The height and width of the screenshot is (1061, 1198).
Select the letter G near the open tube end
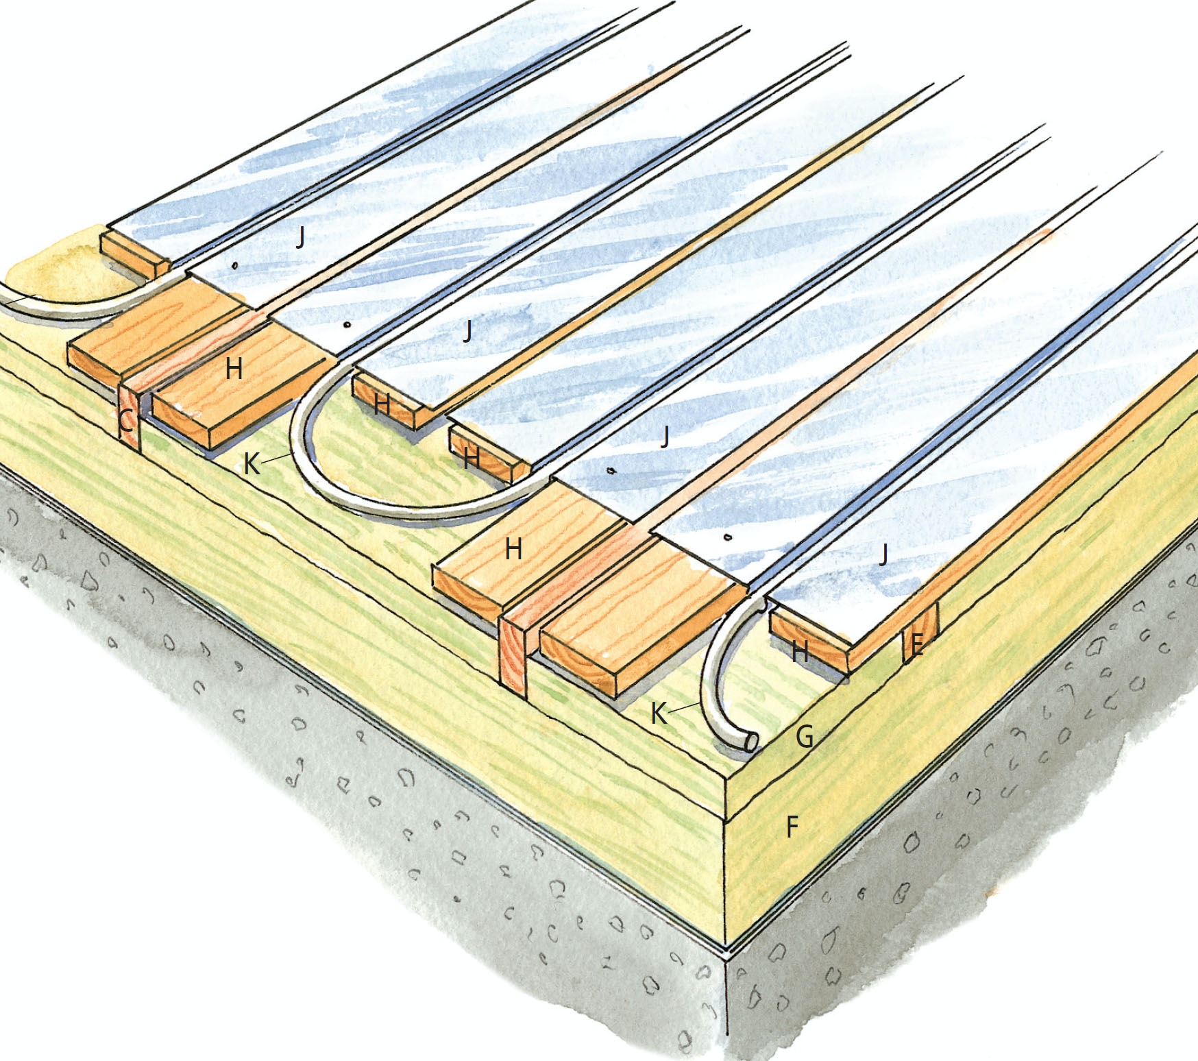[x=805, y=737]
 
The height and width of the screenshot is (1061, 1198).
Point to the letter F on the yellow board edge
[x=792, y=827]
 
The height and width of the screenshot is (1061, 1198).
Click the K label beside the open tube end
[x=659, y=714]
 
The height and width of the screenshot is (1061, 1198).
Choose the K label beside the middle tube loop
[x=252, y=465]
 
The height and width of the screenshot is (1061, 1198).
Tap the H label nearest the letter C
[x=234, y=369]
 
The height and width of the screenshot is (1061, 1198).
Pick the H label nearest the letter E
[x=800, y=652]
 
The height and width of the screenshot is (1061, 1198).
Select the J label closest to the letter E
[x=883, y=554]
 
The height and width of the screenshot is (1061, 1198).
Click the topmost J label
[x=300, y=238]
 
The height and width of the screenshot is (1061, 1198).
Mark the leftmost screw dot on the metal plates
[x=235, y=265]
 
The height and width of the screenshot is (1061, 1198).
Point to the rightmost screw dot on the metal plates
[x=728, y=537]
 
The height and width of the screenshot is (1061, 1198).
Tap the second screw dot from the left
[x=347, y=324]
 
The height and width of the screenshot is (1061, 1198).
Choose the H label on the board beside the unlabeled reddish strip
[x=513, y=549]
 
